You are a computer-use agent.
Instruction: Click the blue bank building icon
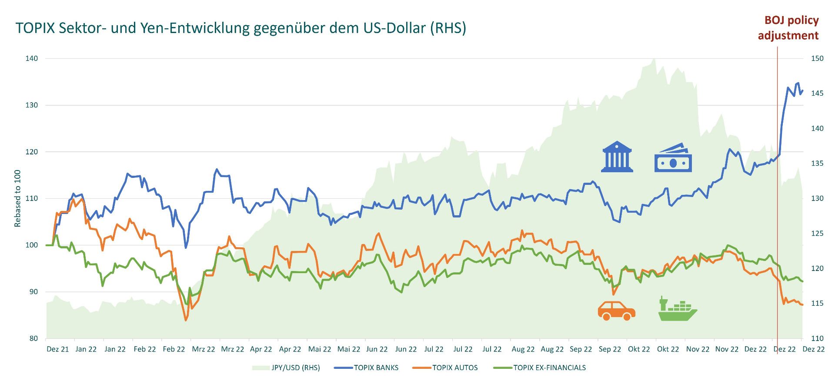tap(618, 156)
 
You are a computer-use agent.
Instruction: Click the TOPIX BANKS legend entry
tap(376, 368)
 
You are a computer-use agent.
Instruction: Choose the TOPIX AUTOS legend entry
tap(454, 368)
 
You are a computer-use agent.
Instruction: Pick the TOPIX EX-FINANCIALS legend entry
tap(549, 368)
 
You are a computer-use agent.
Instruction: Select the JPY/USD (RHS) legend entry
tap(295, 368)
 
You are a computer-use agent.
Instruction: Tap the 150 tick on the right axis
tap(817, 58)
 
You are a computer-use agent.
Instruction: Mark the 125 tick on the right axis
tap(817, 234)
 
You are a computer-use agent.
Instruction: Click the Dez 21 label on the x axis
tap(58, 349)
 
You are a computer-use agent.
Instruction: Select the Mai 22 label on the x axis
tap(320, 349)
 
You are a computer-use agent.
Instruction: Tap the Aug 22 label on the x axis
tap(523, 349)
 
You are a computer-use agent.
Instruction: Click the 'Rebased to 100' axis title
tap(18, 198)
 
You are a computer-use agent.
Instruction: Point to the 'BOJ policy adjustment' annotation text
tap(788, 28)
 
